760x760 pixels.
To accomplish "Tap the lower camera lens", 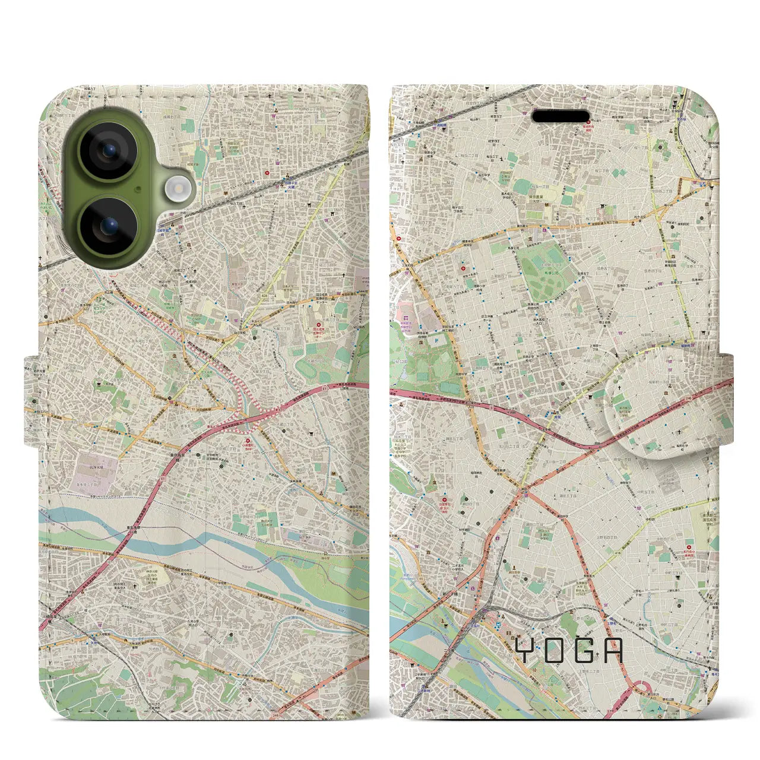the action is [109, 226].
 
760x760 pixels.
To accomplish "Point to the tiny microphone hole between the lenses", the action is [138, 189].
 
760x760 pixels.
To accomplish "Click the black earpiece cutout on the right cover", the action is [560, 116].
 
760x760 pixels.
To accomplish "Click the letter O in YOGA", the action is [553, 650].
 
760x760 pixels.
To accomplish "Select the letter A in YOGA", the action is [615, 650].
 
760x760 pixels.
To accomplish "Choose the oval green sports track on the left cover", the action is [309, 369].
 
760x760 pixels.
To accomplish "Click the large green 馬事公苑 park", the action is [543, 279].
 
